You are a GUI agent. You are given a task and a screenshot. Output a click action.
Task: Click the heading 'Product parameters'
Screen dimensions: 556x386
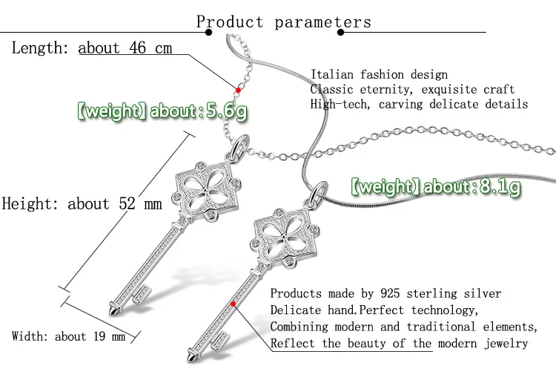point(283,22)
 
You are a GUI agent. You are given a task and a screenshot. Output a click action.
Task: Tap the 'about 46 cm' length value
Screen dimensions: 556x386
point(125,48)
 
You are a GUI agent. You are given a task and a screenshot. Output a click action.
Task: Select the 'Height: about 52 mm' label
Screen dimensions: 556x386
point(82,203)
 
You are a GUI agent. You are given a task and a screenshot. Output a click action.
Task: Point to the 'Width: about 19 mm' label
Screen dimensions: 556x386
point(69,336)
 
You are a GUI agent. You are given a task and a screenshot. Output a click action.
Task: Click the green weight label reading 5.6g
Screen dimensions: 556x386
point(162,113)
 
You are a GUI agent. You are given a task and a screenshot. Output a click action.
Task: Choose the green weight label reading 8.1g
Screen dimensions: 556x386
point(435,186)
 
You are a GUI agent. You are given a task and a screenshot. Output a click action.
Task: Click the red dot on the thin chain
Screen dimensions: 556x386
point(239,89)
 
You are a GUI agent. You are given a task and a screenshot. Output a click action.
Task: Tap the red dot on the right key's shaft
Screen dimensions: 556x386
point(234,304)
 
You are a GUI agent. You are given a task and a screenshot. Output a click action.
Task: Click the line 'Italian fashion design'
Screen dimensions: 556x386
point(379,74)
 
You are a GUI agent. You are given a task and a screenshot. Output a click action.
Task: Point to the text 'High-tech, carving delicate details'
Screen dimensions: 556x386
point(419,104)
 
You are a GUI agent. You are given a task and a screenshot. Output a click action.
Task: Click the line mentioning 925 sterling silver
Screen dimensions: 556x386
point(385,294)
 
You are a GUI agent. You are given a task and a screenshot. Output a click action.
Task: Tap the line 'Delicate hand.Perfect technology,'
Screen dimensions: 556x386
point(374,310)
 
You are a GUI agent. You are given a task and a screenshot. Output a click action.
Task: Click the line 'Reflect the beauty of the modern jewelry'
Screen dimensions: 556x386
point(399,343)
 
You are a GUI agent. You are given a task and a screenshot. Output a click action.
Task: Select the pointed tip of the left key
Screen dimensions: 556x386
point(112,307)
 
